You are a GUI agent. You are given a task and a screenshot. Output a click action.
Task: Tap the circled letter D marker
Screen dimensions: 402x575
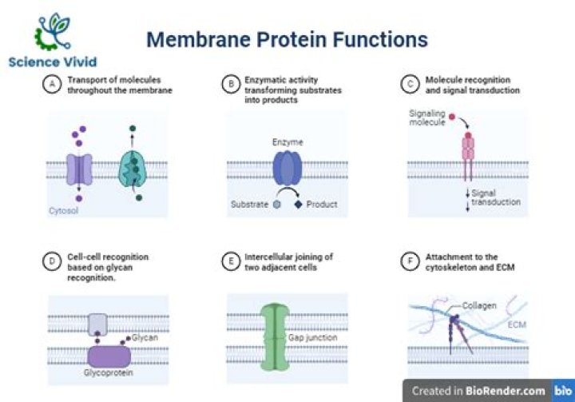(53, 261)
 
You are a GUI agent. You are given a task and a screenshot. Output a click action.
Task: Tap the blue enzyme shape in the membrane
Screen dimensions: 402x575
(288, 169)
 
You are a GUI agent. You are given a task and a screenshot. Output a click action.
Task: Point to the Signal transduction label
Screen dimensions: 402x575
(495, 197)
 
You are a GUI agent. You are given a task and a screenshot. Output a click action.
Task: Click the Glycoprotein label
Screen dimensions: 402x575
(108, 372)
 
